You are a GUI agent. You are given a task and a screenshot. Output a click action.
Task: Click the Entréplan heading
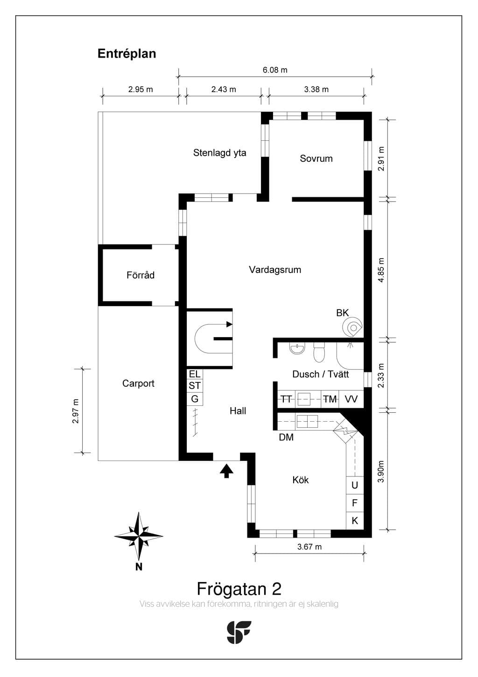click(x=127, y=54)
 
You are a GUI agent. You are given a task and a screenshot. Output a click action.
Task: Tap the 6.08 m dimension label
click(x=275, y=70)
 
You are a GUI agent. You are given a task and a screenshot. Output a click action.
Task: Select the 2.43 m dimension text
click(x=224, y=89)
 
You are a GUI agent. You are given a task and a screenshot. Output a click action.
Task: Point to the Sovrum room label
click(x=316, y=158)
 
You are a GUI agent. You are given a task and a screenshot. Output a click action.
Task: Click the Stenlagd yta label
click(x=220, y=153)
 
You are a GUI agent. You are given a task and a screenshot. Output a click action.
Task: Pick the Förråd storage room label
click(x=141, y=275)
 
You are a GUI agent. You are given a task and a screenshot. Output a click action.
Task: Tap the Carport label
click(x=138, y=383)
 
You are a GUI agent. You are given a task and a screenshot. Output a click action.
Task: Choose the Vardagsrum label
click(x=275, y=270)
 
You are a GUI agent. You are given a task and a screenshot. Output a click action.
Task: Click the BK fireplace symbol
click(x=352, y=327)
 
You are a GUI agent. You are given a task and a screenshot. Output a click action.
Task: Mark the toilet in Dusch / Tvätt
click(x=319, y=352)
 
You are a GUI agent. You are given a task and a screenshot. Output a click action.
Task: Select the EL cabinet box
click(x=195, y=374)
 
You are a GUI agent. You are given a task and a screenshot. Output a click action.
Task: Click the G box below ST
click(x=195, y=399)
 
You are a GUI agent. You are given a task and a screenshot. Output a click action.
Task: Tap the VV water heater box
click(x=351, y=399)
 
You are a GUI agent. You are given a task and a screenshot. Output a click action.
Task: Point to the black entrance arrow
click(x=226, y=471)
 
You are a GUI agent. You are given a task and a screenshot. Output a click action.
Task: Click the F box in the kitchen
click(x=355, y=503)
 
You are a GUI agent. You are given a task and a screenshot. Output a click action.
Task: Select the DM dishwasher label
click(x=286, y=437)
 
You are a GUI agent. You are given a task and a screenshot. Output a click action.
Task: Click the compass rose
click(x=139, y=536)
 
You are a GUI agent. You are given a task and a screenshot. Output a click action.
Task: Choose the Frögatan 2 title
click(x=239, y=589)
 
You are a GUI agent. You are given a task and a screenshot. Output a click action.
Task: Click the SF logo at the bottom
click(x=239, y=632)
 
